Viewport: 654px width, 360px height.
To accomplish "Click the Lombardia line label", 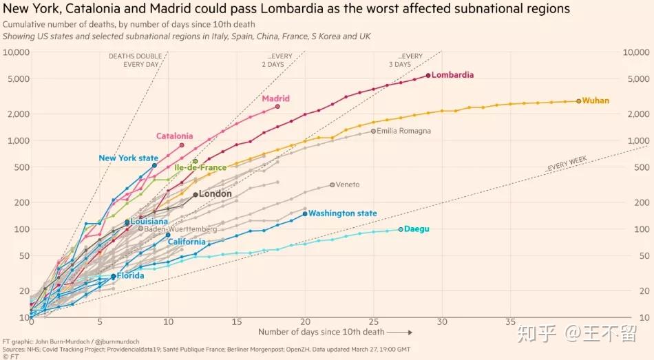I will (454, 75).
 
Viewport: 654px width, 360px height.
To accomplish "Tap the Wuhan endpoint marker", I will (579, 100).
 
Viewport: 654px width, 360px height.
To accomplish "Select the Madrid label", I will (275, 98).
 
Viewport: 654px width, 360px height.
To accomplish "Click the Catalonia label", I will (175, 136).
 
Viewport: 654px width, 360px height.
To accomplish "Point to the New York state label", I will (128, 158).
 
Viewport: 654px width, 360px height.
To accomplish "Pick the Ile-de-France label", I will (200, 167).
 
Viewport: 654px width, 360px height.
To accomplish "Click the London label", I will (215, 194).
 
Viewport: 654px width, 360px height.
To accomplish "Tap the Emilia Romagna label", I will (405, 131).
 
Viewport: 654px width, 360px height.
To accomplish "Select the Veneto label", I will (347, 184).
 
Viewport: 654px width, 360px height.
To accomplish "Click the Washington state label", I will (343, 213).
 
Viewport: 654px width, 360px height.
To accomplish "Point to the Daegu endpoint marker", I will (401, 229).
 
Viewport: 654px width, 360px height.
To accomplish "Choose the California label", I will (187, 242).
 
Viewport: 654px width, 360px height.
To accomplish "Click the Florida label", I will (130, 276).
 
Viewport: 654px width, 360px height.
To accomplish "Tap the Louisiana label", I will (149, 222).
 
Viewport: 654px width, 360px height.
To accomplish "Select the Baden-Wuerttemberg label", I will (180, 229).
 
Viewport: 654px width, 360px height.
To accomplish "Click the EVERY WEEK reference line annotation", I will (567, 163).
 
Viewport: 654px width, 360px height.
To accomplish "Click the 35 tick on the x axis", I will (510, 321).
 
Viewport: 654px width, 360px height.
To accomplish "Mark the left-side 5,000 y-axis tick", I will (16, 78).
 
